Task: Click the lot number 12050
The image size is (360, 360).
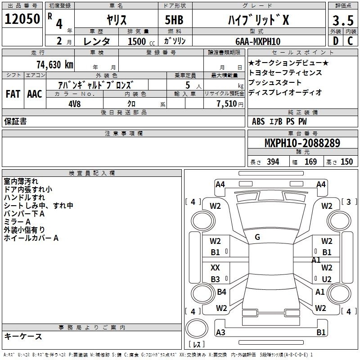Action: [x=22, y=19]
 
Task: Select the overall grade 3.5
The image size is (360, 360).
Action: [x=343, y=20]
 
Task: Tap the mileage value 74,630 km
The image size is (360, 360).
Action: [x=55, y=65]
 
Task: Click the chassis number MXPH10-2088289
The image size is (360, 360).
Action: [x=302, y=143]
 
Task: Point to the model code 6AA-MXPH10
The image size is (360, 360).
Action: [x=258, y=41]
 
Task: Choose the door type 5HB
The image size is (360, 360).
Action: [x=174, y=20]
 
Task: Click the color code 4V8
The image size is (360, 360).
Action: [x=75, y=104]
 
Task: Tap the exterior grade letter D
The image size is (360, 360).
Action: [x=336, y=41]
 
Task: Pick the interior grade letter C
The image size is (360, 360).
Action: [x=351, y=41]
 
